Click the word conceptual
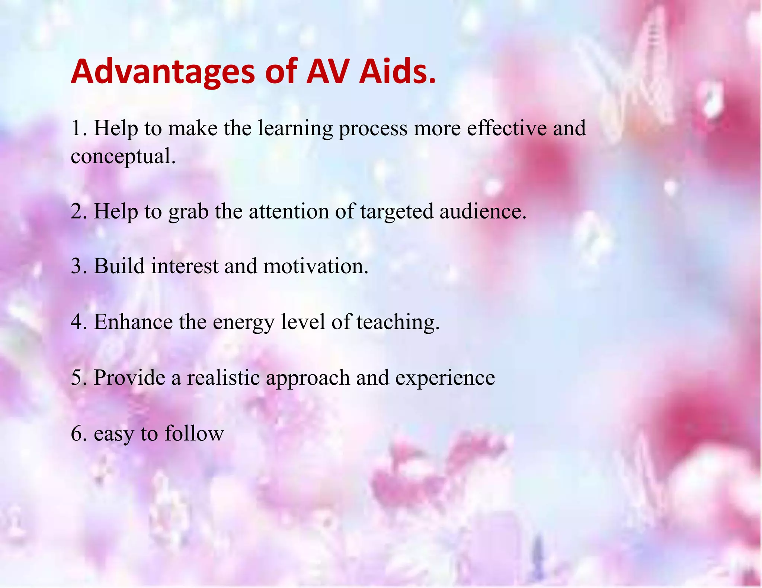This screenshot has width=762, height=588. coord(123,156)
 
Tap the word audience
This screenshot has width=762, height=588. coord(483,211)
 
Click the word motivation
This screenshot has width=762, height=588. coord(316,266)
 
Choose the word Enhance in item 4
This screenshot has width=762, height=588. coord(133,322)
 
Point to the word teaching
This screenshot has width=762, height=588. coord(398,322)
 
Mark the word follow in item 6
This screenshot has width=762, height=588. coord(194,433)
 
